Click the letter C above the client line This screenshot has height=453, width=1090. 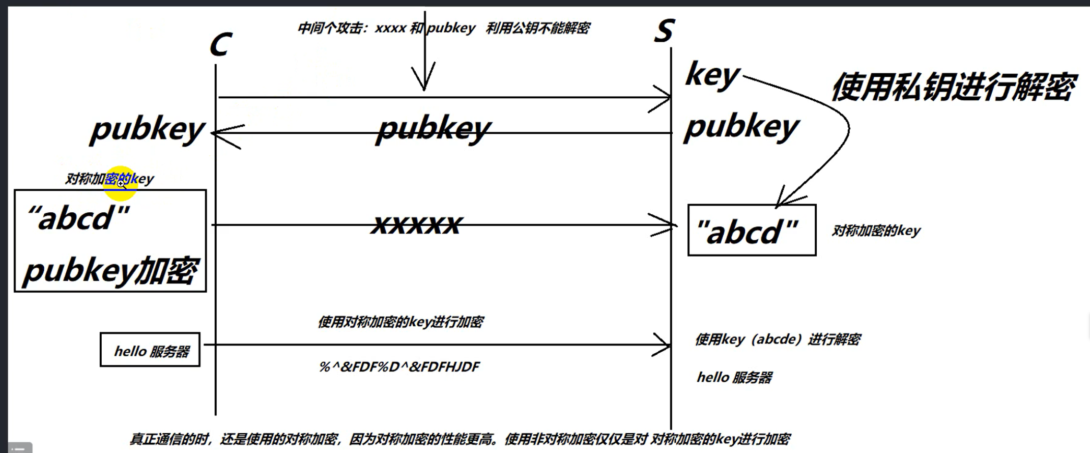click(221, 45)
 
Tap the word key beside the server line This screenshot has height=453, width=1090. click(712, 76)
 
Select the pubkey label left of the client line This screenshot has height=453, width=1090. click(147, 130)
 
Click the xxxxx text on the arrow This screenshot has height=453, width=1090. click(416, 224)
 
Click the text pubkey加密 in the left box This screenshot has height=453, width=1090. click(110, 270)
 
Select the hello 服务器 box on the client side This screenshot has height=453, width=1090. click(150, 350)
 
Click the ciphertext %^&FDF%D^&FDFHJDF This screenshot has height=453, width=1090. click(399, 367)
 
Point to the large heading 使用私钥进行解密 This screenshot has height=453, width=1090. click(954, 87)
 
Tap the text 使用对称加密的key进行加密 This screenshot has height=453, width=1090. click(400, 322)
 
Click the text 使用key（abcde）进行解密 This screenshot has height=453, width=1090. click(778, 339)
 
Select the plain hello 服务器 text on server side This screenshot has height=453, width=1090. click(734, 378)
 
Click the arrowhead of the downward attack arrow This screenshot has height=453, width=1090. click(424, 81)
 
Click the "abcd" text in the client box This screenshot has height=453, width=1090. click(79, 218)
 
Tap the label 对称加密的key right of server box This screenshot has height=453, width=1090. click(876, 231)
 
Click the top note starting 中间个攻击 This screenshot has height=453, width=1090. click(443, 28)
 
